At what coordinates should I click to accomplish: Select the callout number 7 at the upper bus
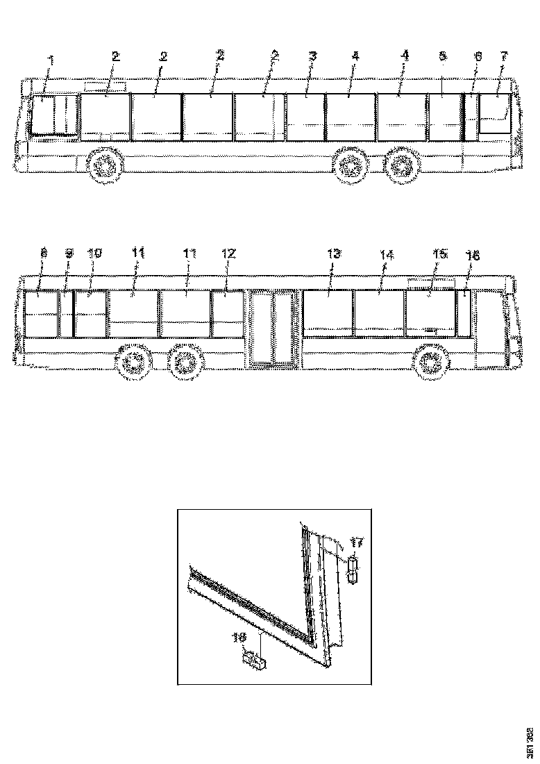pyautogui.click(x=505, y=56)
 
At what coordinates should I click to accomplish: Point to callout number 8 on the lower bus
pyautogui.click(x=43, y=254)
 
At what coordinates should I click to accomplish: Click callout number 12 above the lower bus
pyautogui.click(x=229, y=254)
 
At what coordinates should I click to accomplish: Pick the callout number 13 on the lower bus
pyautogui.click(x=334, y=254)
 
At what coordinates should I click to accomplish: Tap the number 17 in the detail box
pyautogui.click(x=357, y=542)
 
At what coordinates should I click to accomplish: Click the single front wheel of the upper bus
pyautogui.click(x=104, y=167)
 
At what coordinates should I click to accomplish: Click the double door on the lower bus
pyautogui.click(x=273, y=328)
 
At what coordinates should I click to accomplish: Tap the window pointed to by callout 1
pyautogui.click(x=46, y=115)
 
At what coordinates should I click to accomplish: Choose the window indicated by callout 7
pyautogui.click(x=494, y=113)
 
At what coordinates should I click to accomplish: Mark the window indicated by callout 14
pyautogui.click(x=378, y=313)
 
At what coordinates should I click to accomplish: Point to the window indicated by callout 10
pyautogui.click(x=90, y=313)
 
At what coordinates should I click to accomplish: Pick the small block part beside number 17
pyautogui.click(x=353, y=570)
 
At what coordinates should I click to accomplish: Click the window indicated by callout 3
pyautogui.click(x=305, y=117)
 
